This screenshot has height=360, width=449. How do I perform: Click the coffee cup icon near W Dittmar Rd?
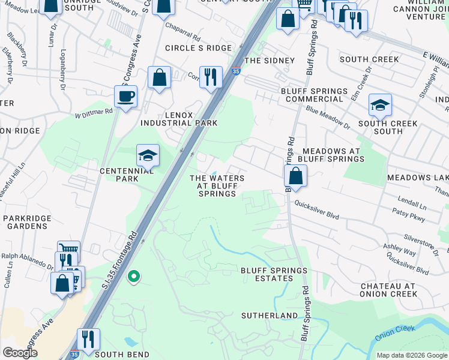(126, 96)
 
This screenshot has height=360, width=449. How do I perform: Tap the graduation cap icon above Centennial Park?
(148, 155)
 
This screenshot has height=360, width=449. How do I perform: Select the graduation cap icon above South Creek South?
(380, 106)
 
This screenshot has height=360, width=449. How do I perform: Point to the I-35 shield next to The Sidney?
(237, 71)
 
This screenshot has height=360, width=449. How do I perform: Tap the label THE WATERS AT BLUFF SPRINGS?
(217, 186)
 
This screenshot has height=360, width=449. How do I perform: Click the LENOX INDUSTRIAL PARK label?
(178, 118)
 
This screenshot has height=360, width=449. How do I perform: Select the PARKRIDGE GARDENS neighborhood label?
(25, 221)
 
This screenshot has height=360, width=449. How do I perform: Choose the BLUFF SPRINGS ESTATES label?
(274, 274)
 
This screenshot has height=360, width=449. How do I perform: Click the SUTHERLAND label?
(270, 315)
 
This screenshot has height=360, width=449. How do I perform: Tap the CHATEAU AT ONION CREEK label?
(388, 289)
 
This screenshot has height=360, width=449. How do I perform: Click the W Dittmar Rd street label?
(94, 112)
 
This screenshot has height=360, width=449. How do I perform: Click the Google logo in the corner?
(20, 353)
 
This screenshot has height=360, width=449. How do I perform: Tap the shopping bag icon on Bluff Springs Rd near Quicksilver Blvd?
(295, 176)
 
